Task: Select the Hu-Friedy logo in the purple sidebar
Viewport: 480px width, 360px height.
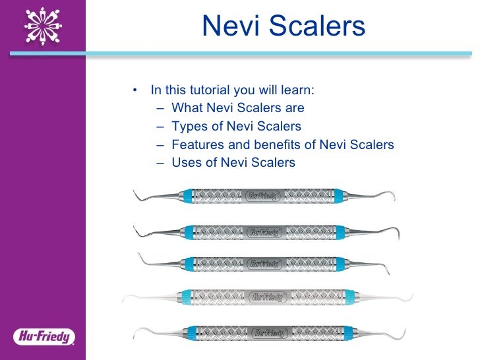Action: [43, 337]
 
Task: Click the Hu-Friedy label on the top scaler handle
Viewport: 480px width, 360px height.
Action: [264, 196]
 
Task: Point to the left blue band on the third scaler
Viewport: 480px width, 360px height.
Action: [189, 263]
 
